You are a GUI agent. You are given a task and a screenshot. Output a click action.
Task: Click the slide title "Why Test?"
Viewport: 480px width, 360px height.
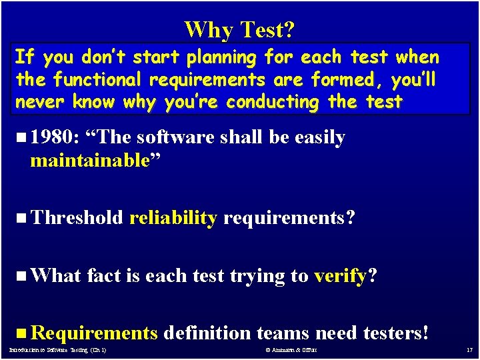click(240, 29)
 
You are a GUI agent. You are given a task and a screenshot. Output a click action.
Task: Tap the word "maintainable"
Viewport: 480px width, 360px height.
click(89, 161)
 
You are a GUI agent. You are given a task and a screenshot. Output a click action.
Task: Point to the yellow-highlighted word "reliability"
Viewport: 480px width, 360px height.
click(173, 218)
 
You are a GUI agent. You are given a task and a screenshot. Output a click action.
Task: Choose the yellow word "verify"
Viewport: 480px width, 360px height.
click(339, 275)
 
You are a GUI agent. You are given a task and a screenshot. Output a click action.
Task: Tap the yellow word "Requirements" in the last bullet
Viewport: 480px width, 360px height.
click(94, 333)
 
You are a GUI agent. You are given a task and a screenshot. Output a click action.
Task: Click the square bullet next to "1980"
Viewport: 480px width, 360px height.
click(21, 138)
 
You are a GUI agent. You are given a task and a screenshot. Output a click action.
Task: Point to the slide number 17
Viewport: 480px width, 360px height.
click(468, 350)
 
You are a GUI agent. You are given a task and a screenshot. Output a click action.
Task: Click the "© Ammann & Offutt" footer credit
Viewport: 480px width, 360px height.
click(291, 350)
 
